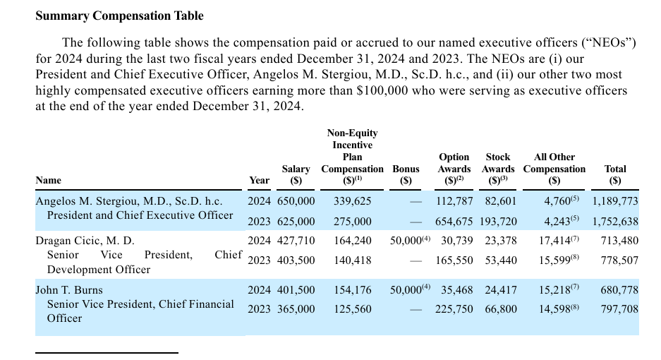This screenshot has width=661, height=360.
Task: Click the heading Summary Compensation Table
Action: [119, 16]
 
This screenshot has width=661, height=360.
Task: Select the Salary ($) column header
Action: [296, 175]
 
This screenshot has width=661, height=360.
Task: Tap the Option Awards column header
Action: [454, 169]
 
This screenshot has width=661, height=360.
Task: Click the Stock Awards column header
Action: [498, 169]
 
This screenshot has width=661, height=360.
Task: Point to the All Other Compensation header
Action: [554, 169]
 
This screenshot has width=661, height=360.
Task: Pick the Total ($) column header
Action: [615, 175]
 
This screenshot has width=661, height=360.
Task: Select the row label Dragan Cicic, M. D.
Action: [85, 241]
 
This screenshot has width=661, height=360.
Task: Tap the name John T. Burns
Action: [69, 290]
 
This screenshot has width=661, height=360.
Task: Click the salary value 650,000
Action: [296, 201]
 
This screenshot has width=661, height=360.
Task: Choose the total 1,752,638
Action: [615, 222]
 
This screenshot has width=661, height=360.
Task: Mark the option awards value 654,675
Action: [454, 222]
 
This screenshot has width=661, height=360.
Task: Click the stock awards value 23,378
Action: [501, 241]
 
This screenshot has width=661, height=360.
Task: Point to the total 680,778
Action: [619, 290]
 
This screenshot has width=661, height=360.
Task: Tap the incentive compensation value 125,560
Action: [353, 309]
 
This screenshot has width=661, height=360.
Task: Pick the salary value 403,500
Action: [296, 260]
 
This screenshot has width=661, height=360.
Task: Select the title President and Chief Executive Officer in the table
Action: [140, 215]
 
